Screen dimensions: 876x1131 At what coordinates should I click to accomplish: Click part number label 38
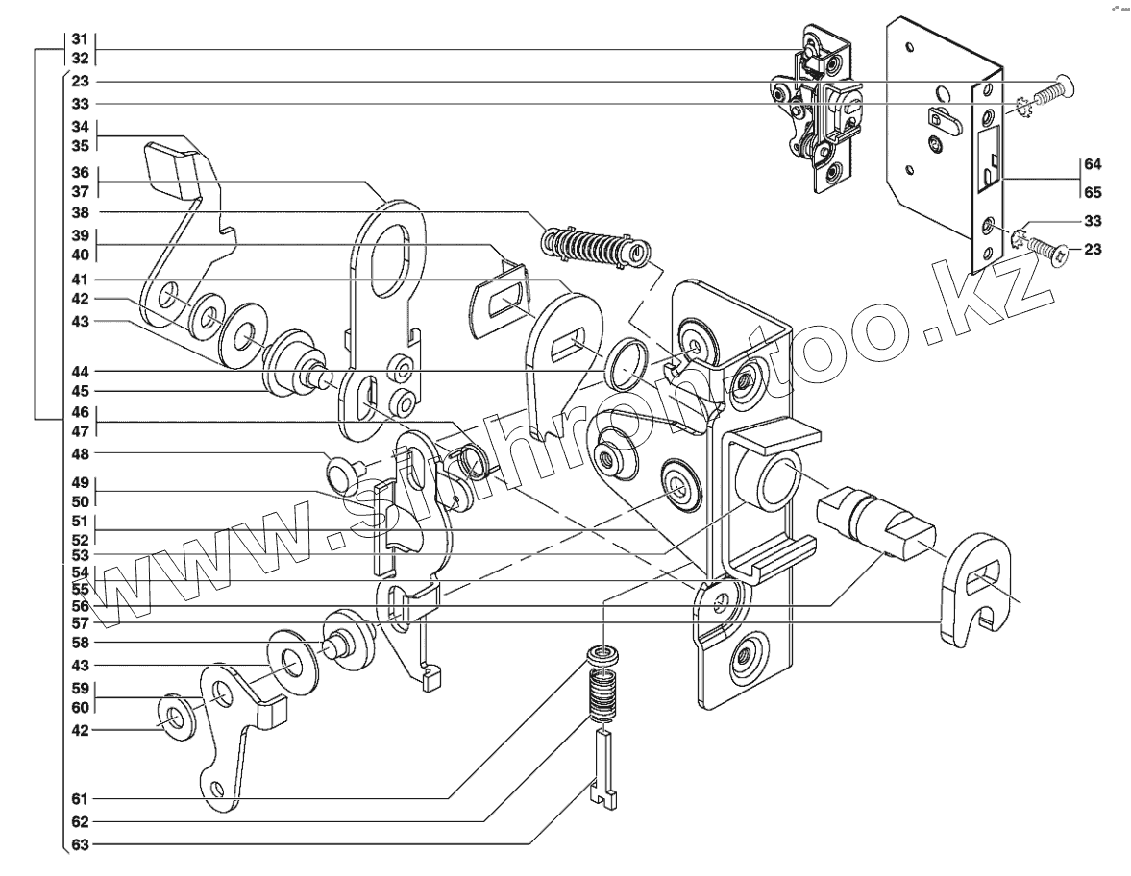[80, 212]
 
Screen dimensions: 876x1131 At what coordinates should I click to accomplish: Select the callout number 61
[80, 799]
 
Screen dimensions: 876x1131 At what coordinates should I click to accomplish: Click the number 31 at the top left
[80, 39]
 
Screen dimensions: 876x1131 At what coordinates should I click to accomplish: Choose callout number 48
[80, 452]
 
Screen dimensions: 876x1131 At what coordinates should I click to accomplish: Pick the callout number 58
[80, 642]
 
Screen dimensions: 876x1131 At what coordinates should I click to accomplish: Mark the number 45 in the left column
[80, 391]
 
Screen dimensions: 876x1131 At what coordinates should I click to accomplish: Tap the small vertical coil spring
[601, 696]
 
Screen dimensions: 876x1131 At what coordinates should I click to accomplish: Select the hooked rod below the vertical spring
[603, 766]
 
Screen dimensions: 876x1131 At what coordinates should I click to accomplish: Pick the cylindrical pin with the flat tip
[873, 523]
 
